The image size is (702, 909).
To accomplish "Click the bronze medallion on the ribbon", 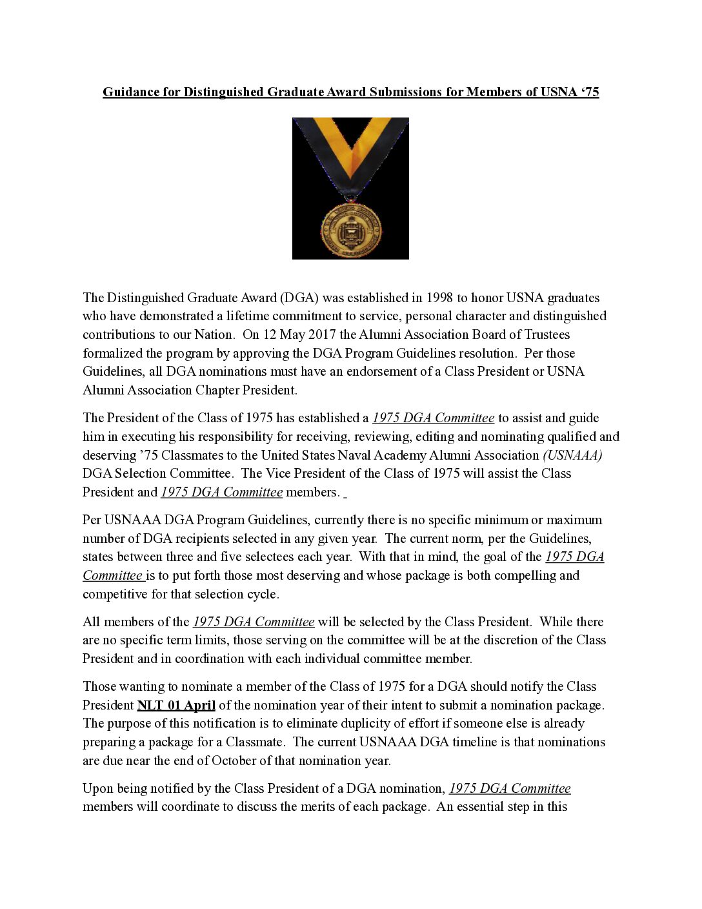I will point(350,229).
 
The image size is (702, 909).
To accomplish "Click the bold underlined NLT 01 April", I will point(176,705).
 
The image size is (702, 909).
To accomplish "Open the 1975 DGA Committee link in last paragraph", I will point(510,788).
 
